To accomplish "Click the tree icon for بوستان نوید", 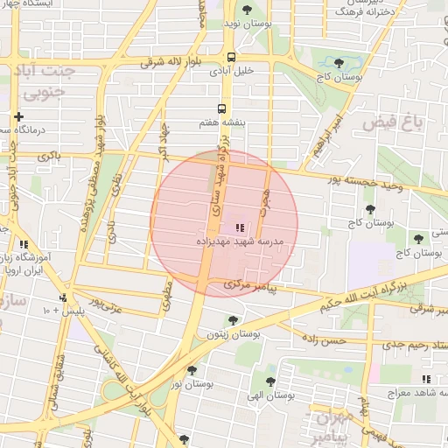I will point(248,10).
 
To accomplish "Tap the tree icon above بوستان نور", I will point(192,370).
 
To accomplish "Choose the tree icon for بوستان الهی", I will point(270,381).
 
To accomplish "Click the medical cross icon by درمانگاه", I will point(17,116).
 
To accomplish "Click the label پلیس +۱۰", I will point(56,310).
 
